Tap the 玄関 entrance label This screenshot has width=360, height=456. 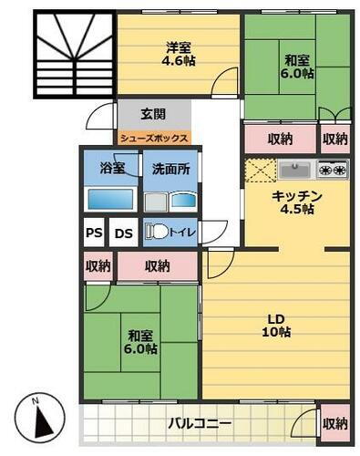tap(153, 114)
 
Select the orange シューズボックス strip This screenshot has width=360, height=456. tap(154, 139)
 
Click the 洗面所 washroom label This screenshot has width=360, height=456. tap(170, 168)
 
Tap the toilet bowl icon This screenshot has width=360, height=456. tap(159, 232)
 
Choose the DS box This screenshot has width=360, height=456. tap(124, 233)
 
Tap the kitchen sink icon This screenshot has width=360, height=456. tap(295, 169)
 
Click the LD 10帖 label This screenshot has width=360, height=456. tap(277, 325)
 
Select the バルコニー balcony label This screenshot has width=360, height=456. tap(200, 424)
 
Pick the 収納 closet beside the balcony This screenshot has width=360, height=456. tap(334, 423)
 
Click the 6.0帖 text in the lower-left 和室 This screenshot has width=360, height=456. tap(141, 349)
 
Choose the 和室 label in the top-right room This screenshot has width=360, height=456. tap(295, 60)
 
